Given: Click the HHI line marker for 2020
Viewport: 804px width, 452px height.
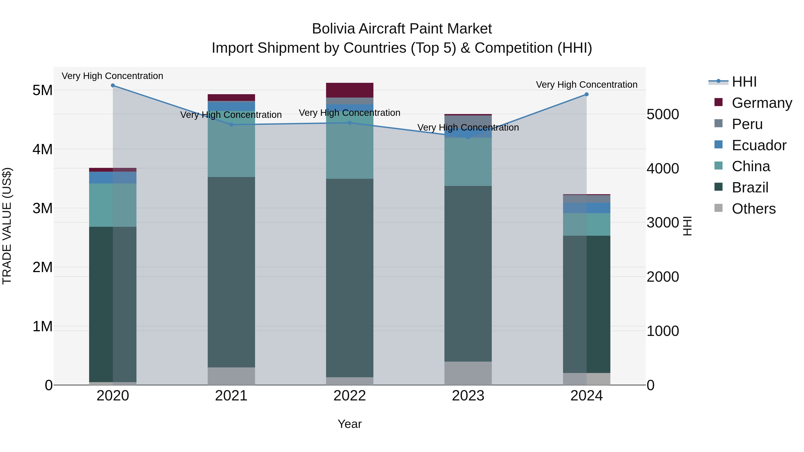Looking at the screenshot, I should click(113, 85).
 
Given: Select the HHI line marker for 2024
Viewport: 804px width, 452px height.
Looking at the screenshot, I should click(586, 94).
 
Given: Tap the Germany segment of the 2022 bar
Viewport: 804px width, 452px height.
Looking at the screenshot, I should click(350, 90).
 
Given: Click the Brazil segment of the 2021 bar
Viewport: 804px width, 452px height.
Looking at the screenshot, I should click(231, 272).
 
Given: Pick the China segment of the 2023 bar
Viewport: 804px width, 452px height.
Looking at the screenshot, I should click(468, 162).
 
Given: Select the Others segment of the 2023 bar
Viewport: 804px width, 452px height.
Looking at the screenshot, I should click(468, 373).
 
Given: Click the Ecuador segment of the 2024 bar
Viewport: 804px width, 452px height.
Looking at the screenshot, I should click(586, 208).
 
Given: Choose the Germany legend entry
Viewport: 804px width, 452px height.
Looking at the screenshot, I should click(762, 103).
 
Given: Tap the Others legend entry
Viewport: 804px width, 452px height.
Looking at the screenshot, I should click(754, 209).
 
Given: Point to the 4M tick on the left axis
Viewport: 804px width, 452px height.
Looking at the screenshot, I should click(42, 149).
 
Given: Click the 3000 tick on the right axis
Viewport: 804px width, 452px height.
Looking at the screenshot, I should click(663, 223).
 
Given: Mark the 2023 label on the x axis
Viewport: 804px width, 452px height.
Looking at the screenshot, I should click(468, 396).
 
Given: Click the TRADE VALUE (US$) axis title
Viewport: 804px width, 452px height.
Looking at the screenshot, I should click(7, 226).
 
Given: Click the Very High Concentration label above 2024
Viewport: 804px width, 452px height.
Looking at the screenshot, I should click(586, 85).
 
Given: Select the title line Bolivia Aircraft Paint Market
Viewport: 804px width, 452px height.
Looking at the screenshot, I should click(402, 29).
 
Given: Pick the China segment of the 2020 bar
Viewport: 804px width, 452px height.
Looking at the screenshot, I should click(113, 205).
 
